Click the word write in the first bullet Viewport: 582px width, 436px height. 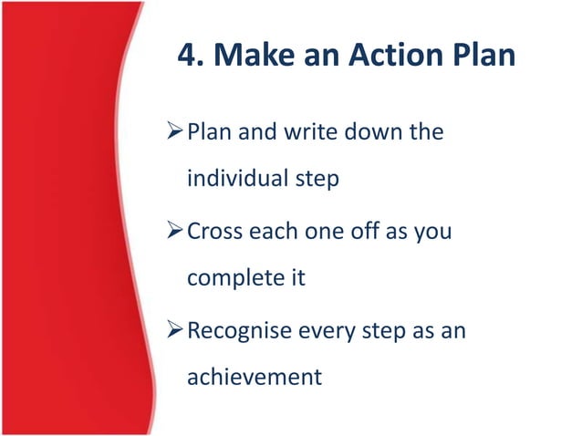(x=309, y=132)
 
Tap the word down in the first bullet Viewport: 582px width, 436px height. (x=374, y=132)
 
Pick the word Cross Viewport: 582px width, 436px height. (x=213, y=231)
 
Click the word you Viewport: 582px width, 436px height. (x=433, y=233)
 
